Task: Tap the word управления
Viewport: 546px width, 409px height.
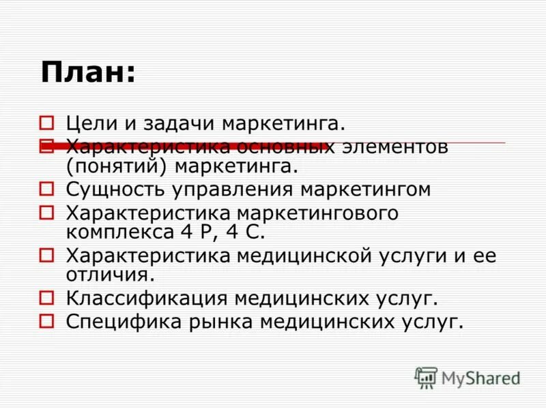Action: [x=222, y=190]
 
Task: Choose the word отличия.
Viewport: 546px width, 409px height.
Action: [x=109, y=274]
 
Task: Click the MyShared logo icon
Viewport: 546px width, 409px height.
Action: [x=427, y=377]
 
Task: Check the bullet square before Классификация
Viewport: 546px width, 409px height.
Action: [x=46, y=297]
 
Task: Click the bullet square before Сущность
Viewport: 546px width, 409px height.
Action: [x=46, y=189]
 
